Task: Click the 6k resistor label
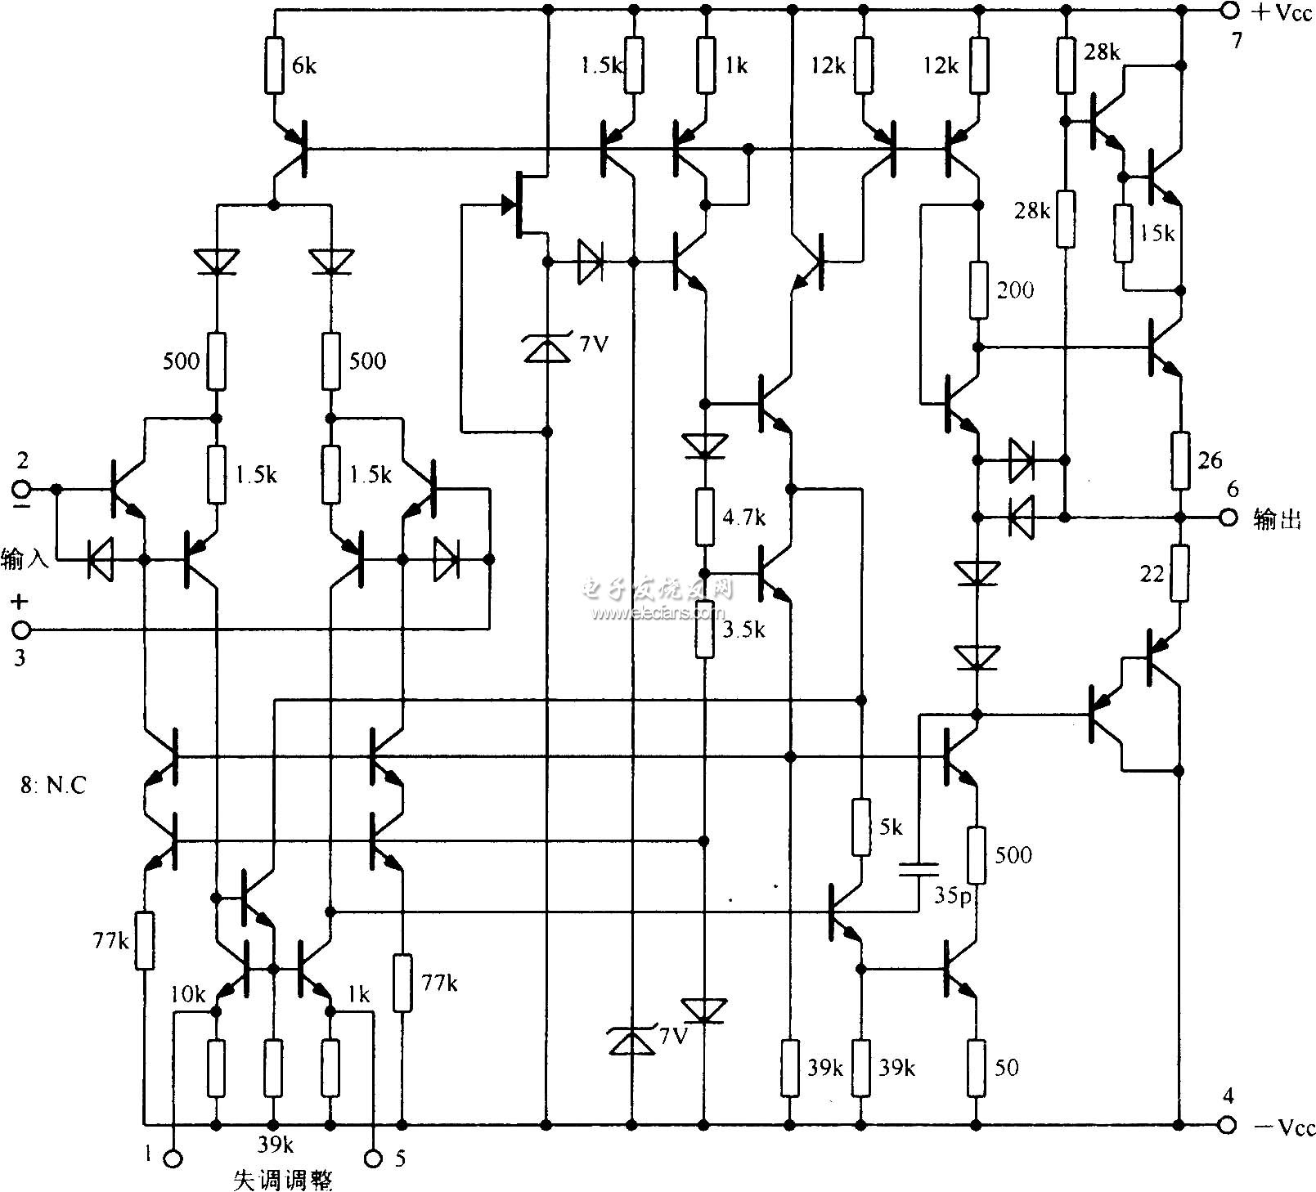tap(303, 66)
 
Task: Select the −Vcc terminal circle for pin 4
tap(1227, 1126)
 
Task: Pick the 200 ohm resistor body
tap(977, 290)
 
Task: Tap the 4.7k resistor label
tap(743, 518)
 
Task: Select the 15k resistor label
tap(1157, 233)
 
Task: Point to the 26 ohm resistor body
tap(1179, 461)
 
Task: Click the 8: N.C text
tap(52, 786)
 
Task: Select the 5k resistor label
tap(891, 828)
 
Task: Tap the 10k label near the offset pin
tap(188, 994)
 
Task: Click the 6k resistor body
tap(275, 65)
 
